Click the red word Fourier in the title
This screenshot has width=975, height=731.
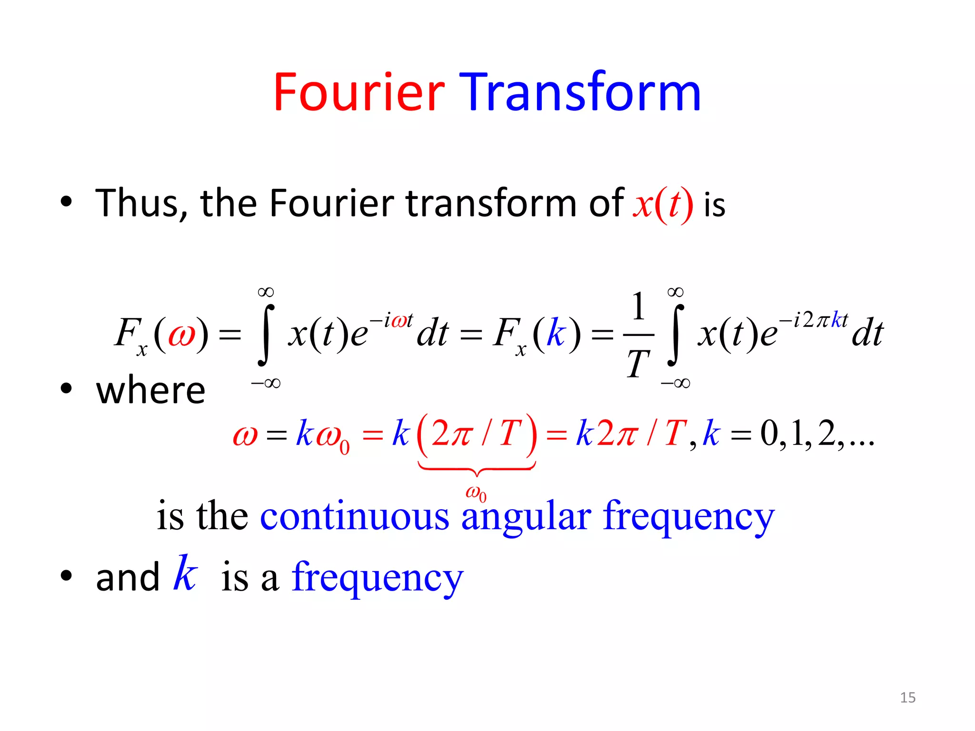point(359,92)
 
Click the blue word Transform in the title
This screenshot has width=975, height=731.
point(582,92)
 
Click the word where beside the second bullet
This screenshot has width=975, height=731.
point(150,391)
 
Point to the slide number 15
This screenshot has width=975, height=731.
point(907,697)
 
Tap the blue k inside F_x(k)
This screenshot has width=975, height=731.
point(556,333)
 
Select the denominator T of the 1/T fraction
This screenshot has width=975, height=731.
point(638,364)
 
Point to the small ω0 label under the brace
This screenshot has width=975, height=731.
point(476,494)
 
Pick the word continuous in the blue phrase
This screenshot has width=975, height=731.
point(354,516)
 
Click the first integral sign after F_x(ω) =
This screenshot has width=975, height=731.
point(266,336)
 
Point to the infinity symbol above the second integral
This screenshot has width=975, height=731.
point(676,292)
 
